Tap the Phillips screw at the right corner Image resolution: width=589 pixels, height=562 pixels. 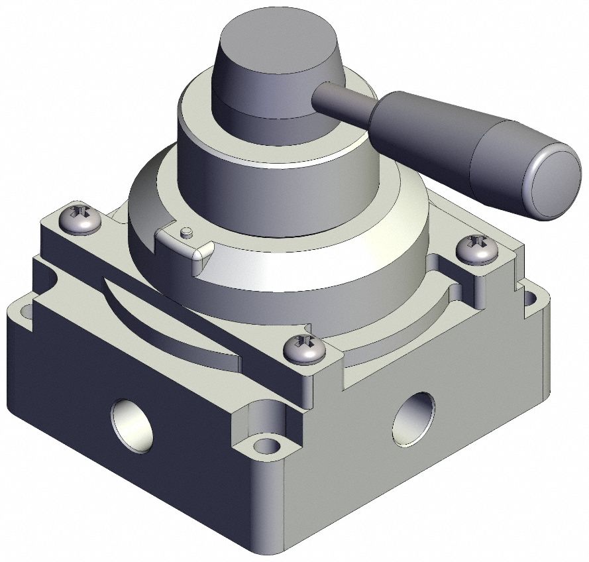477,250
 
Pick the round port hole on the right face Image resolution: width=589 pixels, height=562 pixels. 414,418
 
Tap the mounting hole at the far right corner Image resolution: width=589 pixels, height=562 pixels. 530,298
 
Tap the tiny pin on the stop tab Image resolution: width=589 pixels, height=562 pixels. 187,232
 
